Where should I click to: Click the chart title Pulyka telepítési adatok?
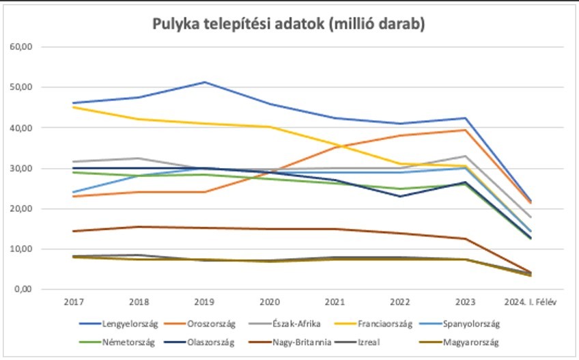(x=289, y=25)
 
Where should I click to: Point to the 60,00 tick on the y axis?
(x=23, y=46)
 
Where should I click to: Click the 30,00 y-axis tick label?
(x=23, y=168)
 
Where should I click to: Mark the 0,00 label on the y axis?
(x=25, y=290)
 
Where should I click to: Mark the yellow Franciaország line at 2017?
(x=74, y=107)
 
